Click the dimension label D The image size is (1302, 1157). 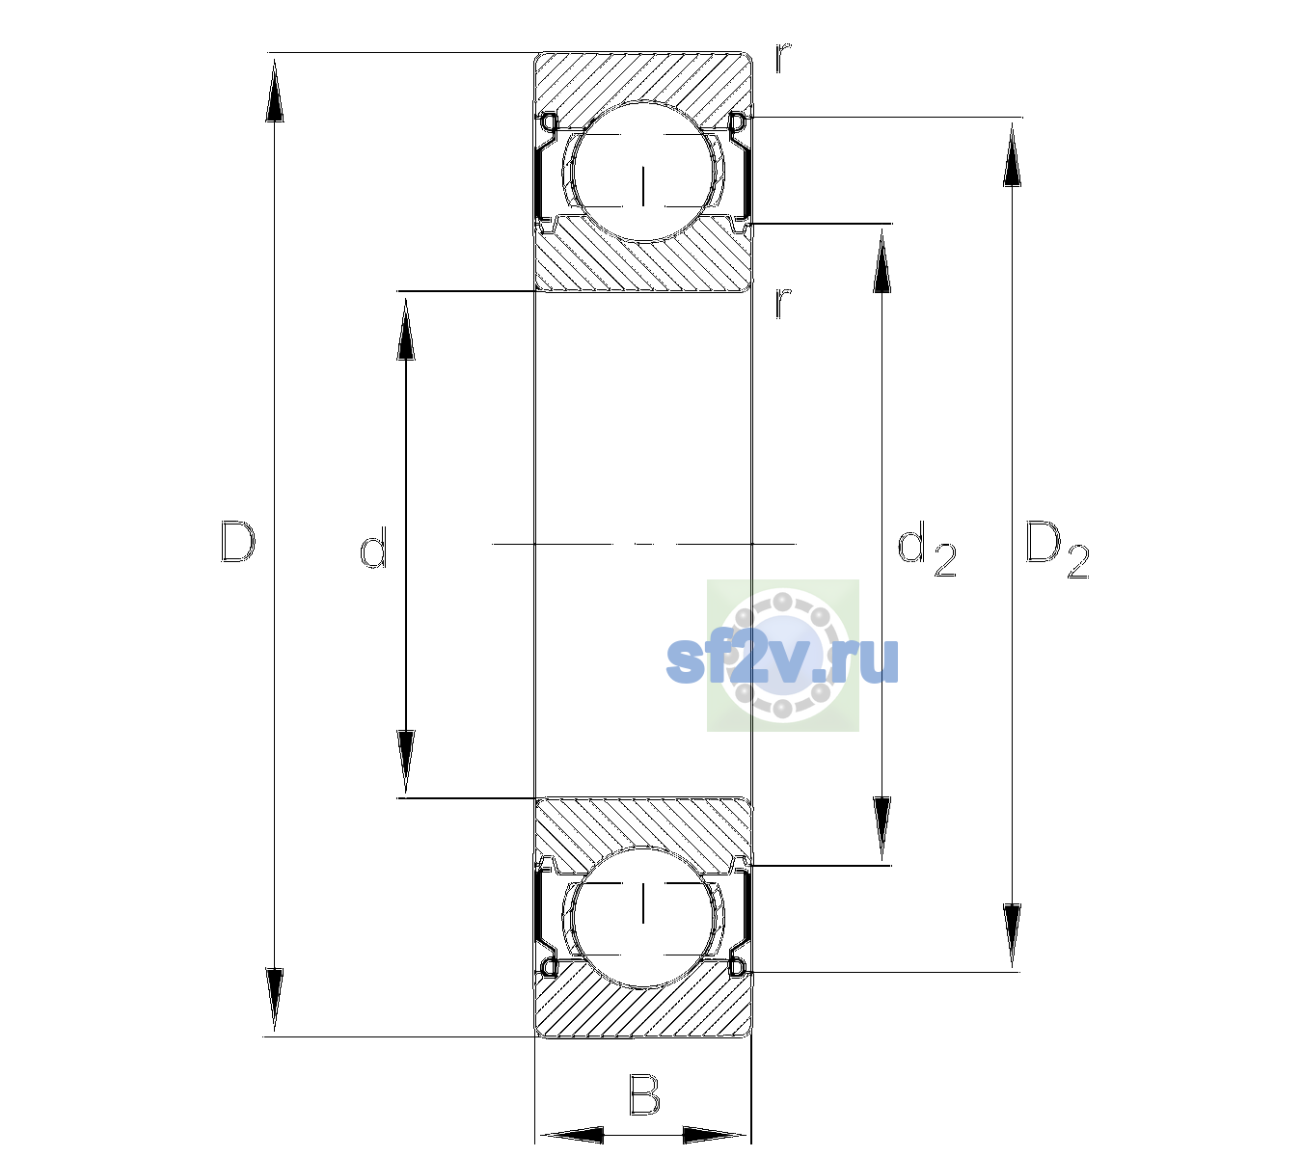point(238,543)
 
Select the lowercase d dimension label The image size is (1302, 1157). point(373,548)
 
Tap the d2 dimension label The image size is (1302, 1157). point(927,550)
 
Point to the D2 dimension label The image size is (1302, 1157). point(1057,551)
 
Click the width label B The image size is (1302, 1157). point(644,1094)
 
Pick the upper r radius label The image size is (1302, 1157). point(783,57)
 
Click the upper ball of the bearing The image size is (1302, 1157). point(643,171)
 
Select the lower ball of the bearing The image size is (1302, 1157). point(643,917)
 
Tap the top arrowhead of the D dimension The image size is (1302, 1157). point(275,90)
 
